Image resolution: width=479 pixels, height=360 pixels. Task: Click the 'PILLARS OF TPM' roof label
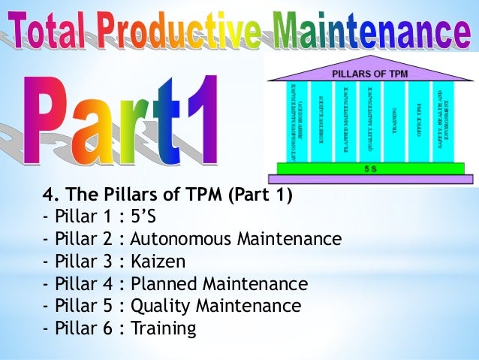point(369,73)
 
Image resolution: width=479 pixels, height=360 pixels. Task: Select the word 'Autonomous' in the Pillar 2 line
point(179,240)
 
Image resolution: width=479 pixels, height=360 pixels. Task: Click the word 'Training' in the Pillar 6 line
point(163,328)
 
